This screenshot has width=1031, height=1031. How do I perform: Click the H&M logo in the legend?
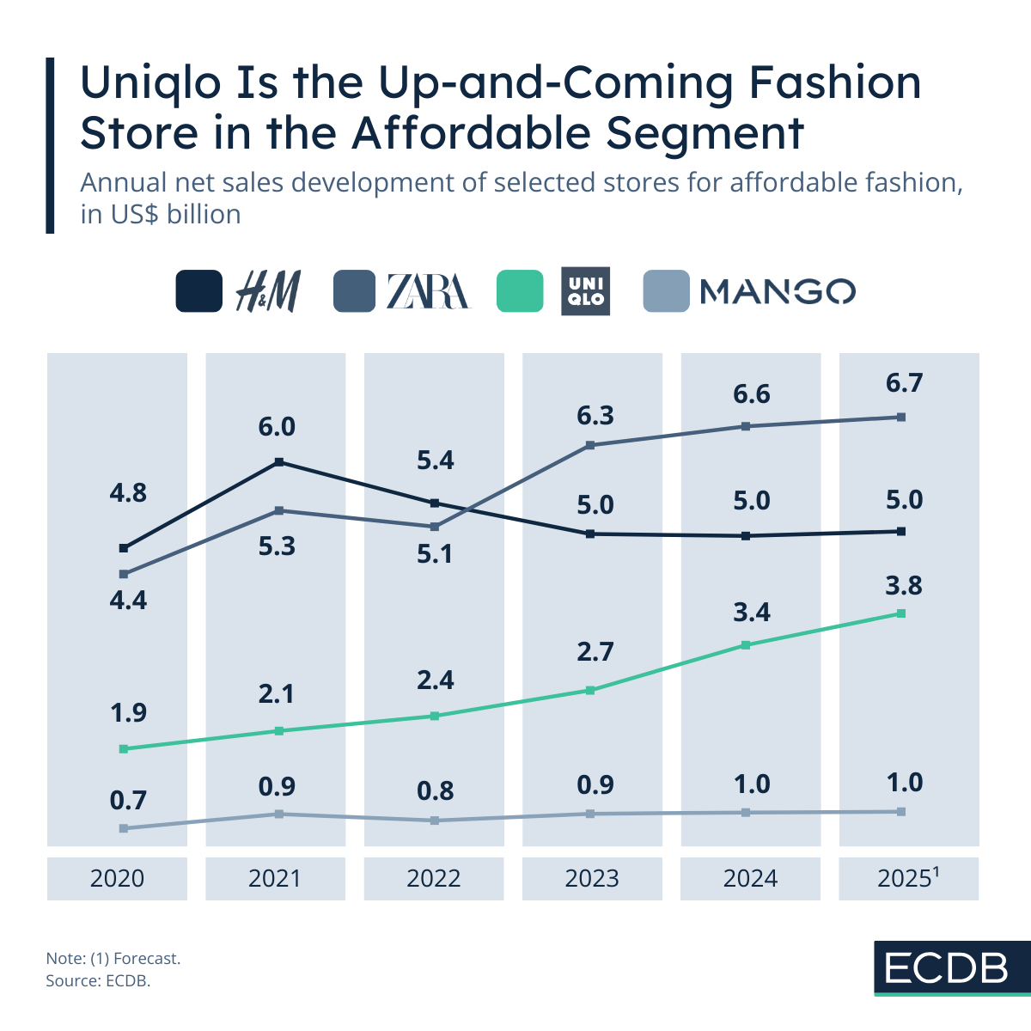(267, 291)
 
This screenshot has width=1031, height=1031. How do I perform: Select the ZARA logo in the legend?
(428, 291)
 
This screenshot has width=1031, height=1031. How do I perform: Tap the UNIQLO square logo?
(585, 291)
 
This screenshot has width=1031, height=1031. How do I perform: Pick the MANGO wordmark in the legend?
(778, 291)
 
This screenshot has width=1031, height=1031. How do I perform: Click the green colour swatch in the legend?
(520, 291)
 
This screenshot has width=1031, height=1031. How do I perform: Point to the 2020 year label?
(117, 878)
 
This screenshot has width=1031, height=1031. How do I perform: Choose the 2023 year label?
(592, 878)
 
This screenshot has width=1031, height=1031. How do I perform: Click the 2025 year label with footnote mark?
(907, 878)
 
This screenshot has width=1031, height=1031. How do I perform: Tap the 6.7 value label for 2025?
(904, 382)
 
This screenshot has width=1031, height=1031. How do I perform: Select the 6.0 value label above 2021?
(277, 427)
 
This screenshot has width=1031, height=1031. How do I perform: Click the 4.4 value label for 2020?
(128, 600)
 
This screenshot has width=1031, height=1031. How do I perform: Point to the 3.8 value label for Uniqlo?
(904, 585)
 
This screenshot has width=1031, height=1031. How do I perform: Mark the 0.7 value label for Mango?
(128, 801)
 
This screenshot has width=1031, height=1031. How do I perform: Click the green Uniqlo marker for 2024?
(746, 645)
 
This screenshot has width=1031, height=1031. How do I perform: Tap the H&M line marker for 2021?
(278, 462)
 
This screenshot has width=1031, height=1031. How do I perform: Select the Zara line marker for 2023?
(590, 445)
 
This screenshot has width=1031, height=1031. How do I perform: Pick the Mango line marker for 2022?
(435, 821)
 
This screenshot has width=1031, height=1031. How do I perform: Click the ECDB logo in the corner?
(948, 968)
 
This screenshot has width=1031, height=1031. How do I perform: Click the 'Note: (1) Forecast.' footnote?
(113, 958)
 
